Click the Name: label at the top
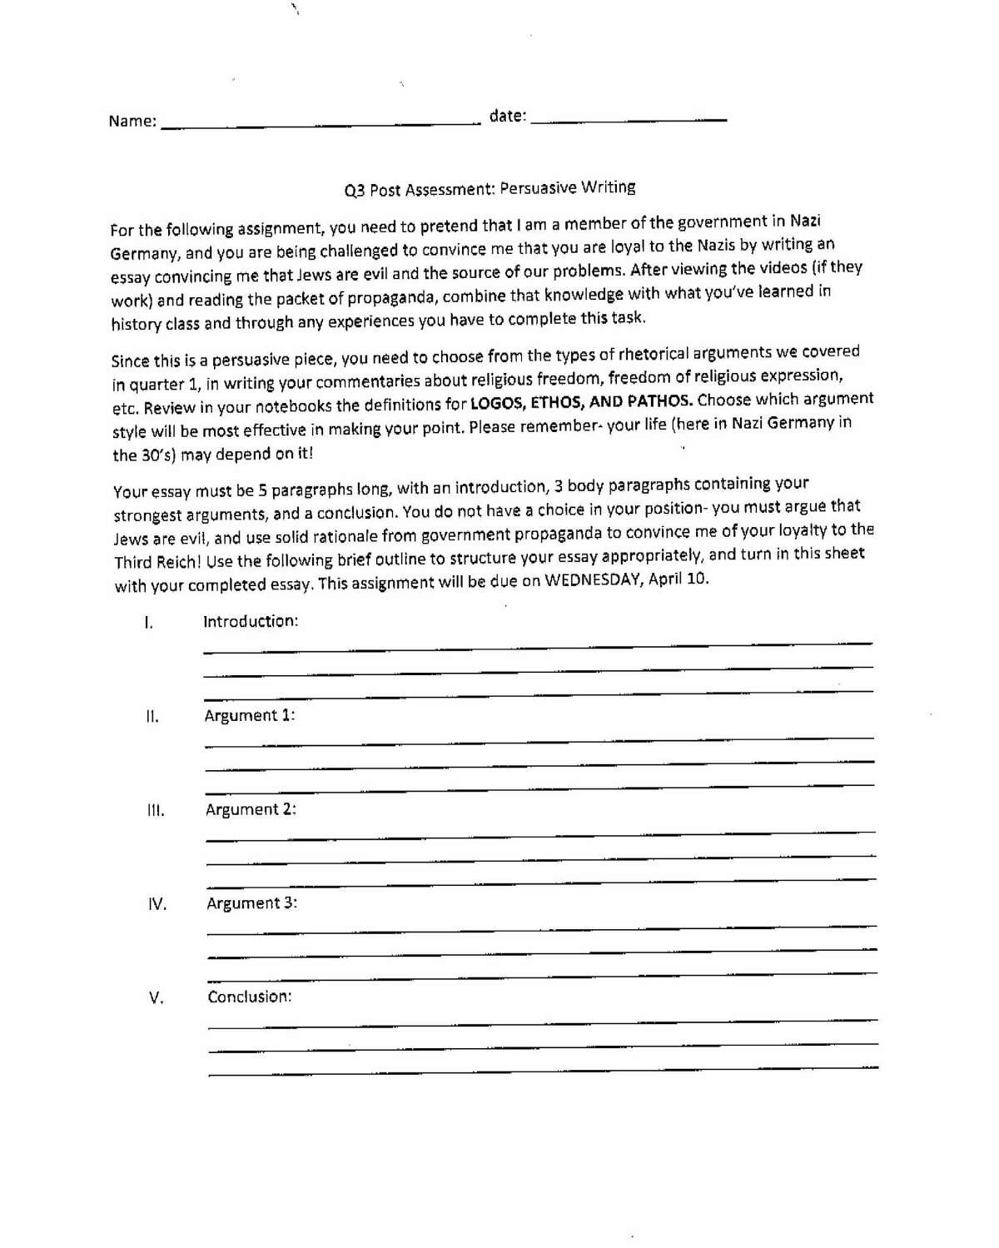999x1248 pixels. point(132,122)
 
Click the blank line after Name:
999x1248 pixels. point(321,123)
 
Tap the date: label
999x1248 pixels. point(508,117)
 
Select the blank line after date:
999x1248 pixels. point(629,120)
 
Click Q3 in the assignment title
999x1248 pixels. point(355,191)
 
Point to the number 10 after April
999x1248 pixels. point(699,578)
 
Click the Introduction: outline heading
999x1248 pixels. point(251,622)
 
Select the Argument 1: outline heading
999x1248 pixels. point(250,716)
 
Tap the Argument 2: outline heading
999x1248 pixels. point(251,809)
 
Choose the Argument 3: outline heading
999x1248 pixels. point(251,903)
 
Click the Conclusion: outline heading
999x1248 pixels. point(250,997)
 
